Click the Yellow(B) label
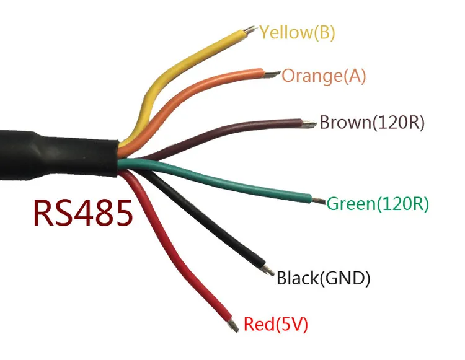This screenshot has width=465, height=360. pyautogui.click(x=297, y=32)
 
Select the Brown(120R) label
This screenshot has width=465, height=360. pyautogui.click(x=371, y=122)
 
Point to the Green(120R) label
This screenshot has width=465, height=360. pyautogui.click(x=378, y=203)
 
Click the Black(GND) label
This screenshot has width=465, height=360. pyautogui.click(x=323, y=279)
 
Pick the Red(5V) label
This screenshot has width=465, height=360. pyautogui.click(x=276, y=323)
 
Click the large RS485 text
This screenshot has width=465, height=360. pyautogui.click(x=82, y=213)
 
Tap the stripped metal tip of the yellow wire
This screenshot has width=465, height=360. pyautogui.click(x=250, y=29)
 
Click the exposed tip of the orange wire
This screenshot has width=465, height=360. pyautogui.click(x=272, y=74)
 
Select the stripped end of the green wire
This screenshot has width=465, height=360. pyautogui.click(x=319, y=201)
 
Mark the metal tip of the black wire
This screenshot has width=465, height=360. pyautogui.click(x=268, y=270)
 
